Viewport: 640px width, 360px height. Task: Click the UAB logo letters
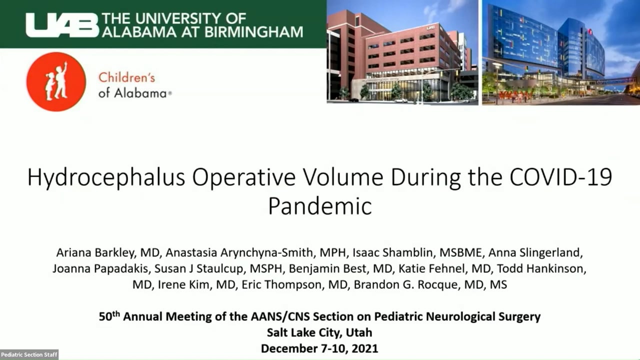(62, 24)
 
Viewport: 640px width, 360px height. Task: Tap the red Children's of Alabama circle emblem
(56, 81)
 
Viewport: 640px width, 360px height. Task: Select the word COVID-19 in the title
(563, 177)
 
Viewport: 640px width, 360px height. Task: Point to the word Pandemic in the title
(320, 205)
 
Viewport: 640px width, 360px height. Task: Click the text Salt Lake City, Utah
(319, 332)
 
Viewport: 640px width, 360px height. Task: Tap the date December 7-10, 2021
(319, 348)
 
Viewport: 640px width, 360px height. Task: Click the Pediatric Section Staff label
(29, 354)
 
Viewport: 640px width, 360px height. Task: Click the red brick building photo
(402, 52)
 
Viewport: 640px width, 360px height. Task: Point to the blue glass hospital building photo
(560, 52)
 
